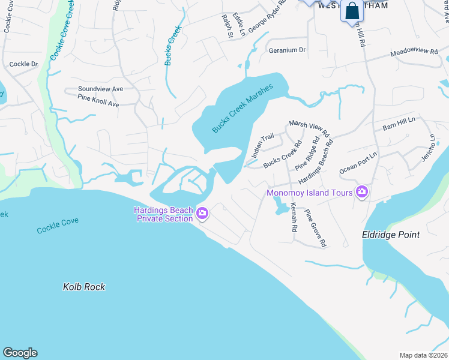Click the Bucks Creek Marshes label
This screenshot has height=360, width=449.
(243, 109)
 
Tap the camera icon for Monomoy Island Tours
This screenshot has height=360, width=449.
(362, 192)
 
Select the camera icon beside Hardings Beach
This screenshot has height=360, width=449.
(202, 213)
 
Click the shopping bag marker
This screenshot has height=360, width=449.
(351, 11)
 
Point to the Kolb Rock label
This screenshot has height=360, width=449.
(84, 287)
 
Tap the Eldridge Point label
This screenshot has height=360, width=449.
(391, 235)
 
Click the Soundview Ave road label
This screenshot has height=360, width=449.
(100, 89)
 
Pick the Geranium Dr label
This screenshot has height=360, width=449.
(287, 50)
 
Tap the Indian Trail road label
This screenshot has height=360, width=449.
(262, 145)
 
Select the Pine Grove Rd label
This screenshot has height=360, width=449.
(315, 228)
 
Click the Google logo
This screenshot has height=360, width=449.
(20, 353)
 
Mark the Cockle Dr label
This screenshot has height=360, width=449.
(24, 64)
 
